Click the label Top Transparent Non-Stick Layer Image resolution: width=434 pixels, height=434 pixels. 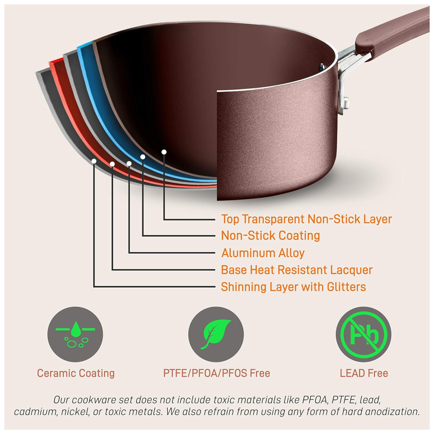(x=306, y=219)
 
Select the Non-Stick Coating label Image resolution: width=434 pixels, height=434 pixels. (x=270, y=236)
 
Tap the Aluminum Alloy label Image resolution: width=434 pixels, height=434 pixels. (x=263, y=253)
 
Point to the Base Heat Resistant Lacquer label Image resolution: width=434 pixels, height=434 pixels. (x=297, y=270)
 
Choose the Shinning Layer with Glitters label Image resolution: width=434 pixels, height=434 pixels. (x=293, y=287)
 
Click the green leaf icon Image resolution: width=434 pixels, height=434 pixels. (x=217, y=334)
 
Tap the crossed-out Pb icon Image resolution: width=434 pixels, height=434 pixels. (x=364, y=334)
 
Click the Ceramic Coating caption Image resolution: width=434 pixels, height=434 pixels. (x=76, y=373)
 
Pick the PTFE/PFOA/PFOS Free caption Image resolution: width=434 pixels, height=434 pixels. (x=217, y=373)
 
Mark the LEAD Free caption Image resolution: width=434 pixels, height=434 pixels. (x=364, y=373)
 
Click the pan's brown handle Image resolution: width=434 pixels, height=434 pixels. (x=391, y=30)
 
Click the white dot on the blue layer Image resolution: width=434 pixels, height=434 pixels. (x=142, y=156)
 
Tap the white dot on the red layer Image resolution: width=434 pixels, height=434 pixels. (x=112, y=164)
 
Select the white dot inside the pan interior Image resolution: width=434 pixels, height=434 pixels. (x=164, y=151)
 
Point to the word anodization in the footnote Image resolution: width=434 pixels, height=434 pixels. (x=392, y=412)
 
